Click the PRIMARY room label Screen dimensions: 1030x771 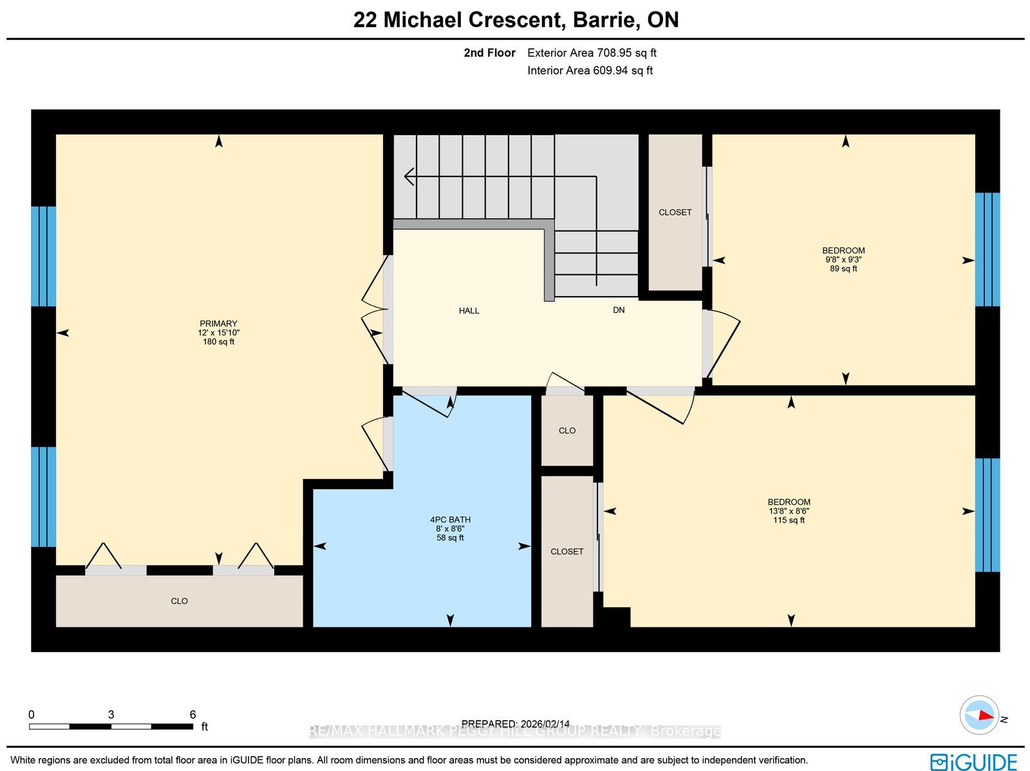[219, 324]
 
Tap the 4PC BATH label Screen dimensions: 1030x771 [450, 519]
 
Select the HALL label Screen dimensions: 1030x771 [469, 310]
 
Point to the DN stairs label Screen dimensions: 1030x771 [619, 310]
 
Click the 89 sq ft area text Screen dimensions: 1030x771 [843, 269]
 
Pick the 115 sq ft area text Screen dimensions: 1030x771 [789, 520]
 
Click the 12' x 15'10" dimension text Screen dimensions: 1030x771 [219, 333]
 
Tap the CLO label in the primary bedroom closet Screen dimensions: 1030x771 [179, 601]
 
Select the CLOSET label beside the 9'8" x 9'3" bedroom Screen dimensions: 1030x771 [675, 212]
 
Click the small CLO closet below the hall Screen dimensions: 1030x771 [567, 431]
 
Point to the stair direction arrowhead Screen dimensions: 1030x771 [409, 177]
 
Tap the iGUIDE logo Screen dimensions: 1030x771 [974, 761]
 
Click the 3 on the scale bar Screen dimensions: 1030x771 [111, 714]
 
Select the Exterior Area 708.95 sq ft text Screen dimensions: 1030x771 [592, 53]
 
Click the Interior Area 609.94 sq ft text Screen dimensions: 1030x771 [590, 70]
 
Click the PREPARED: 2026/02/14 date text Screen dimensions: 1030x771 [515, 724]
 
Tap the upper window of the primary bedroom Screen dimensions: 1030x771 [44, 257]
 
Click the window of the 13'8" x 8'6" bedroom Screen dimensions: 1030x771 [988, 515]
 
